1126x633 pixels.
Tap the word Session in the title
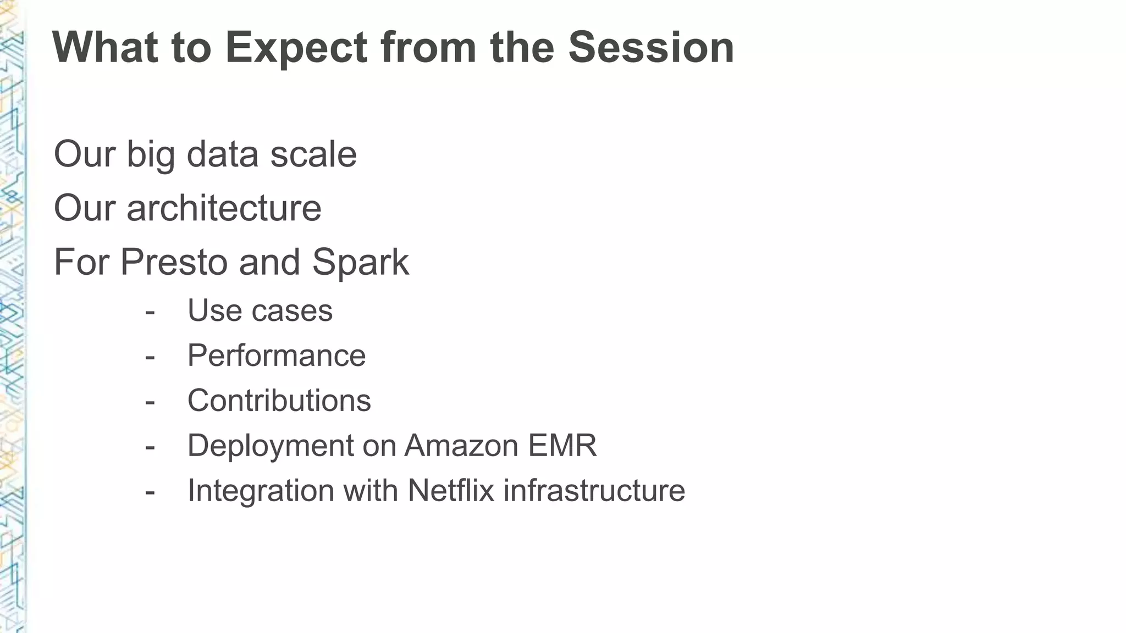point(651,47)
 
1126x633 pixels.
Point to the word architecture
point(224,209)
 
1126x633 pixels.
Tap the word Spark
point(361,263)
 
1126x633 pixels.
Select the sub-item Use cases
point(260,311)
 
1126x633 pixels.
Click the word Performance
point(277,356)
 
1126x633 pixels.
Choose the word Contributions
point(279,401)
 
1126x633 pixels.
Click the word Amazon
point(462,446)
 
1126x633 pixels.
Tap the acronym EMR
point(562,446)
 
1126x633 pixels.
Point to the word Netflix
point(451,491)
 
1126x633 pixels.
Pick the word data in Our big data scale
point(223,154)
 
